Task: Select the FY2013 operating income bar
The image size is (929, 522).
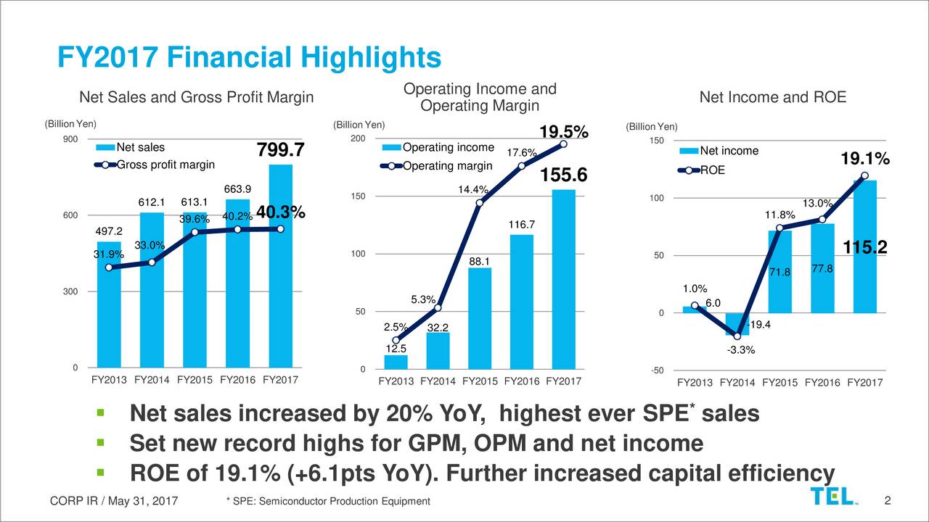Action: coord(396,362)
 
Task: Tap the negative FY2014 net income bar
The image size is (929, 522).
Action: coord(737,324)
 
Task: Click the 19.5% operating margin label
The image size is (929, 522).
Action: coord(563,132)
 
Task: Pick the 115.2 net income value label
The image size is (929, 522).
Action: coord(864,248)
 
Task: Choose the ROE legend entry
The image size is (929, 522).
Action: coord(712,171)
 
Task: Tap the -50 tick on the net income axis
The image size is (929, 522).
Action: coord(657,371)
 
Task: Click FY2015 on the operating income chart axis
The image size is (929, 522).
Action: coord(481,381)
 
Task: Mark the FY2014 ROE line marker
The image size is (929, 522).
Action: coord(737,336)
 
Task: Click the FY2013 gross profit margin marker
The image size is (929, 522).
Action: coord(109,268)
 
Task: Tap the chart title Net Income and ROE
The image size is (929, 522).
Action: coord(772,97)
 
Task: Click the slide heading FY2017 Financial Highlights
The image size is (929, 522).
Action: coord(249,57)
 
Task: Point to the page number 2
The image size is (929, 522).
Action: coord(888,501)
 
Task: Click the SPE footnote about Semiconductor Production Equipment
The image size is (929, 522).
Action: coord(328,502)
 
